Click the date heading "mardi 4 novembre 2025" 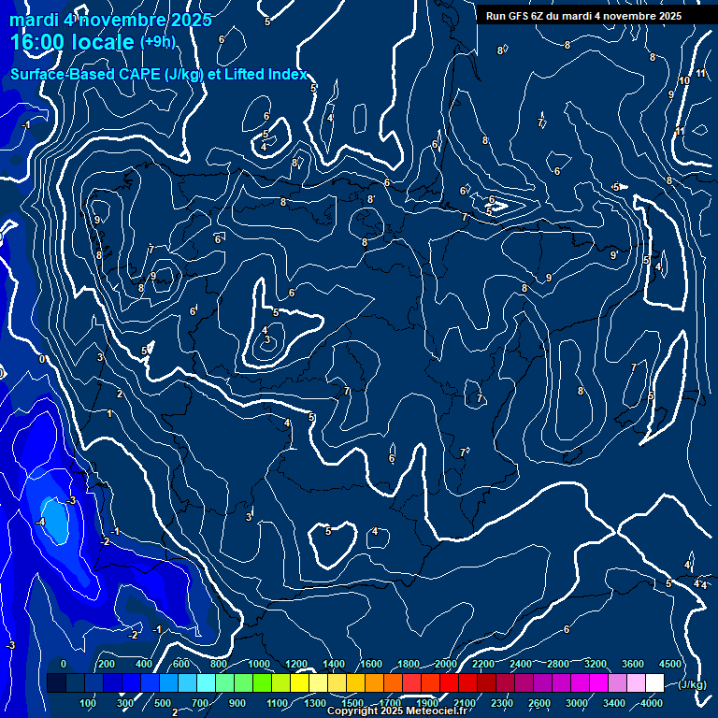[x=110, y=20]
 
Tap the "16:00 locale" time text [x=73, y=42]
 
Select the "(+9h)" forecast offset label [x=157, y=42]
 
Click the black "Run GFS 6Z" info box [x=583, y=16]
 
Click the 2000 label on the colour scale [x=446, y=664]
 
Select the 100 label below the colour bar [x=89, y=703]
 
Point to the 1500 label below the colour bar [x=352, y=703]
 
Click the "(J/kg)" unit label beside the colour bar [x=691, y=684]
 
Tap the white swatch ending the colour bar [x=654, y=683]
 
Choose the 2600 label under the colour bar [x=539, y=703]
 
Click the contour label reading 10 [x=684, y=81]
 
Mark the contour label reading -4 [x=40, y=522]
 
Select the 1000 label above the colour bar [x=259, y=664]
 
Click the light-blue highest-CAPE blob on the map [x=55, y=521]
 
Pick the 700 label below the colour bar [x=200, y=703]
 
